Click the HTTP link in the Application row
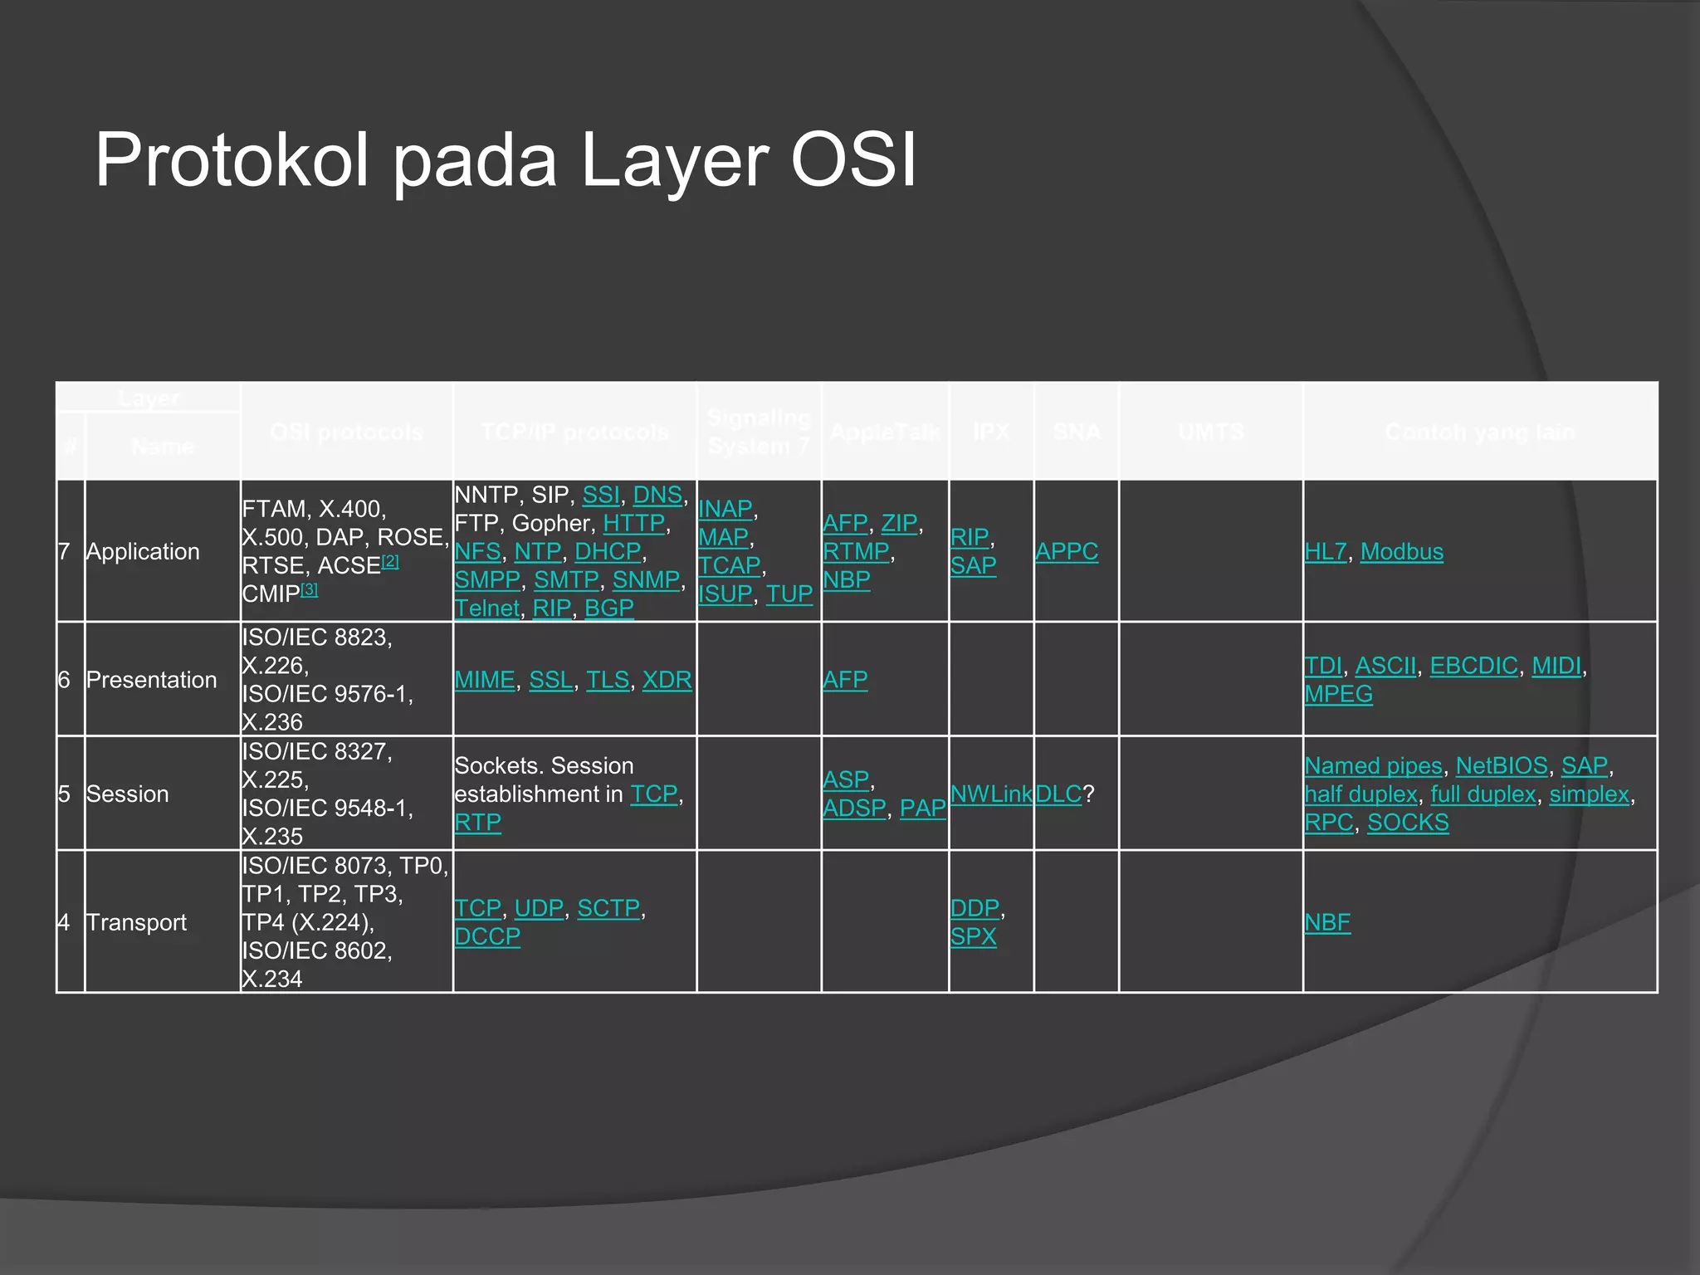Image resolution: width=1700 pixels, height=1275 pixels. pos(634,523)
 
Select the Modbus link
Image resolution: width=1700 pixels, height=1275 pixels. pos(1401,551)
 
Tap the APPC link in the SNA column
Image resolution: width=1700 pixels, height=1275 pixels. pos(1066,551)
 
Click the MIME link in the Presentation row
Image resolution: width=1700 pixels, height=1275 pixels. pos(485,680)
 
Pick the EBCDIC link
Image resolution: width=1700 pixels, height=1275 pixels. pos(1473,666)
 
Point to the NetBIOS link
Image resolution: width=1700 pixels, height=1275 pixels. pos(1502,765)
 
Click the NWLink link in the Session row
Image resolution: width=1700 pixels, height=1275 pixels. pos(991,794)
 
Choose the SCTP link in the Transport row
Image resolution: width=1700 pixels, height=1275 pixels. pos(608,908)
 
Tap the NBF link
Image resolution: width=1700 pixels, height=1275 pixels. pos(1327,922)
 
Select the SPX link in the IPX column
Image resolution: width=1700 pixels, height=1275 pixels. pos(973,936)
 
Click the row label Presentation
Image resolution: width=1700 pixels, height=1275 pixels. pos(151,680)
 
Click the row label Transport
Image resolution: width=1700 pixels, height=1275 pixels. pos(136,922)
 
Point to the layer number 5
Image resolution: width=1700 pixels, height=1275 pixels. pos(64,794)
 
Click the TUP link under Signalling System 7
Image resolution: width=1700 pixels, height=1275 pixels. pos(789,594)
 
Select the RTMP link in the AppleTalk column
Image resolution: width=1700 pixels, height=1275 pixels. pos(856,551)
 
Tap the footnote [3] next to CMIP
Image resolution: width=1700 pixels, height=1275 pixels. pos(309,589)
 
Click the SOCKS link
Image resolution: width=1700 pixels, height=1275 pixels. pos(1408,823)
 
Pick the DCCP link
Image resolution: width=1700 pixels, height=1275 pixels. pos(487,936)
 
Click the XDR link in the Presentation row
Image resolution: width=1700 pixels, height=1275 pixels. pos(667,680)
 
